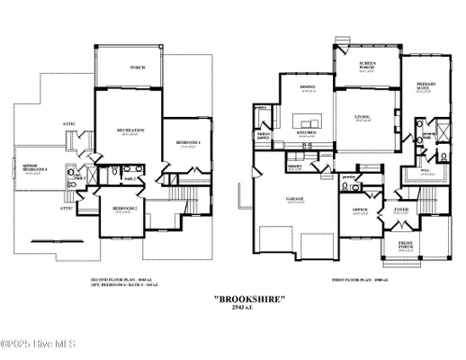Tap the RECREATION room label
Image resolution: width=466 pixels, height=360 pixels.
click(130, 131)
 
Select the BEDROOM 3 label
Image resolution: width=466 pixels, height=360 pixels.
click(187, 144)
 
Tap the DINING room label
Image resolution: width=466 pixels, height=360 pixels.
click(308, 87)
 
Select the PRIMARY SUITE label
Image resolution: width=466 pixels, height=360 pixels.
click(426, 87)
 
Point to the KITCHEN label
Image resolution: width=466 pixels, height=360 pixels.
click(307, 133)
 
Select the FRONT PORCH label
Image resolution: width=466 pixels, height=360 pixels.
click(400, 245)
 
